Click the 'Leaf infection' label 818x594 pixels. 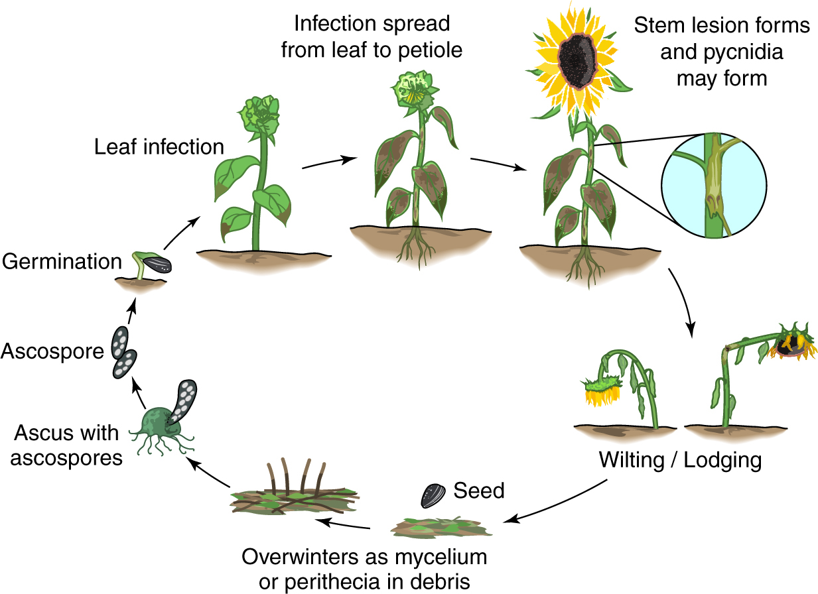[159, 147]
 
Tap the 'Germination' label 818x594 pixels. [62, 261]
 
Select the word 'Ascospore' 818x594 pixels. [52, 351]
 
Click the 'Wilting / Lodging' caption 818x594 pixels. [680, 459]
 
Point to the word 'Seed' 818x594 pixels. [479, 491]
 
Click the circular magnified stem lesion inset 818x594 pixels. [714, 185]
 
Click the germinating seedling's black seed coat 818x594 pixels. [157, 265]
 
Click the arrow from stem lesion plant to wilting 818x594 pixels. [683, 301]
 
